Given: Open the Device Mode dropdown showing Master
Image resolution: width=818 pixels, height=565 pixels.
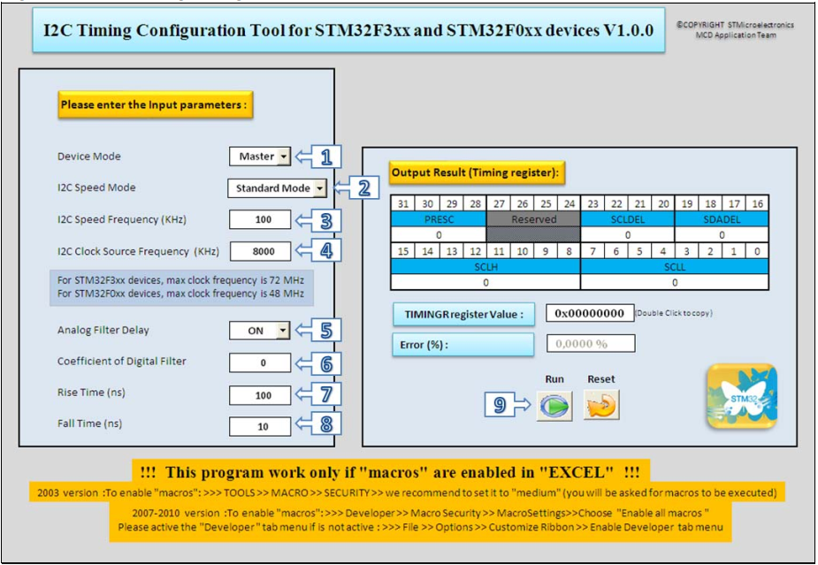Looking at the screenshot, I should [260, 157].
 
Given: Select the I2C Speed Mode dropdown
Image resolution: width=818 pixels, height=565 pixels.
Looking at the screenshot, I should [277, 188].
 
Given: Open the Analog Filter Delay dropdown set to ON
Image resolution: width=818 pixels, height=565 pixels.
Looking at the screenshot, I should [260, 331].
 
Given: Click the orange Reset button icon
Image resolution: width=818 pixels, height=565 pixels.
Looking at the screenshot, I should [601, 406].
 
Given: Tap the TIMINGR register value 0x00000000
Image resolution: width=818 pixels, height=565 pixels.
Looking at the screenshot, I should [590, 313].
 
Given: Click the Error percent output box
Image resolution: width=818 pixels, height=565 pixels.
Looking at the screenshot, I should [590, 344].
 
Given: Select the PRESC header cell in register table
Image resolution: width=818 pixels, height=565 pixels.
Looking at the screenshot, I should [439, 219].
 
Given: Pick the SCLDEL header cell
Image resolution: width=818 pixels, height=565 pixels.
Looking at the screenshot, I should [627, 219].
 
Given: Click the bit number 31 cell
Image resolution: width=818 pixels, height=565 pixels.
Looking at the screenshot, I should [402, 204].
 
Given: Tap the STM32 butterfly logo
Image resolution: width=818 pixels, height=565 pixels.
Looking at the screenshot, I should [741, 396].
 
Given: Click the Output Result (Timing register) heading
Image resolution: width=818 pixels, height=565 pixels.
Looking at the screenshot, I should [478, 172].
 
